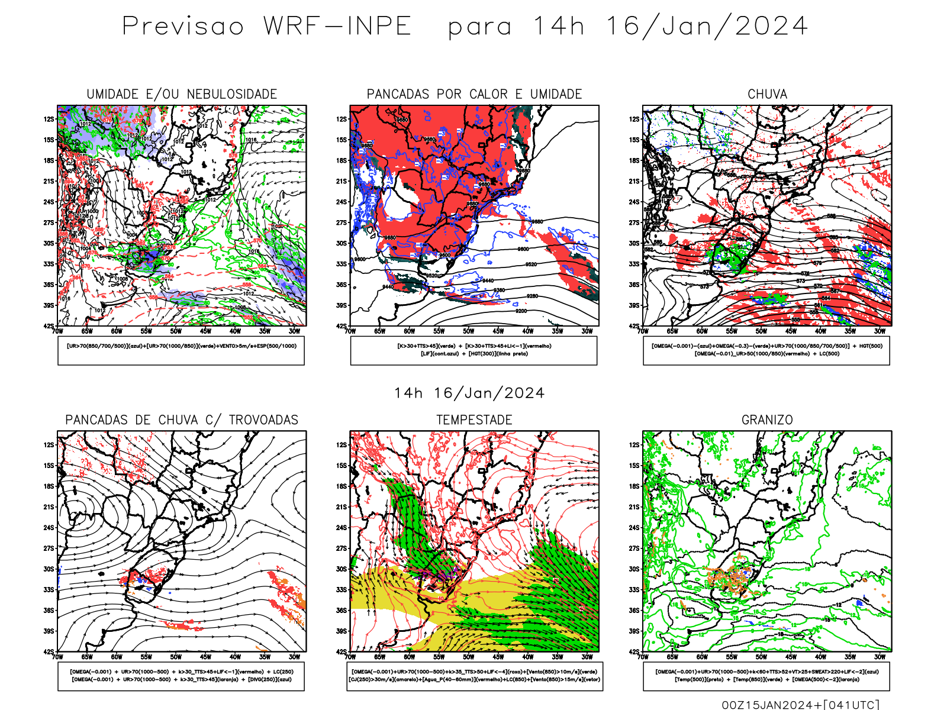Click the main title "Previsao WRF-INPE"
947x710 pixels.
pyautogui.click(x=266, y=27)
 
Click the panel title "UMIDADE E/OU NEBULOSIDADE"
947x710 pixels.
pyautogui.click(x=182, y=94)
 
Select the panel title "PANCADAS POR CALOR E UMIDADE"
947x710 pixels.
pyautogui.click(x=474, y=94)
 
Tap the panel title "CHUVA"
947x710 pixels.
pyautogui.click(x=767, y=94)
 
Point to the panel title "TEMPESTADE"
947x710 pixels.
pyautogui.click(x=474, y=420)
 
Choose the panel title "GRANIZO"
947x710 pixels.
pyautogui.click(x=767, y=420)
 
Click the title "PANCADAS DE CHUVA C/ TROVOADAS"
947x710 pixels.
pyautogui.click(x=182, y=420)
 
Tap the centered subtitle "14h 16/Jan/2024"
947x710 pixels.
pyautogui.click(x=469, y=393)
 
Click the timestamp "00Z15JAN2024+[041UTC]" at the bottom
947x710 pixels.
pyautogui.click(x=800, y=704)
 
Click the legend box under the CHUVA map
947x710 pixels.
pyautogui.click(x=766, y=350)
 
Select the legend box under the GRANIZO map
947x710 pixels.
pyautogui.click(x=766, y=676)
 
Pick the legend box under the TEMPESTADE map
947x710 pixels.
pyautogui.click(x=474, y=676)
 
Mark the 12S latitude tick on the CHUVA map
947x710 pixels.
pyautogui.click(x=634, y=119)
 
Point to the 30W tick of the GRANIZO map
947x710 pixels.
pyautogui.click(x=880, y=657)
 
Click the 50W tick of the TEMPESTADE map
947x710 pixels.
pyautogui.click(x=469, y=657)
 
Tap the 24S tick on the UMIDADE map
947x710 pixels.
pyautogui.click(x=49, y=202)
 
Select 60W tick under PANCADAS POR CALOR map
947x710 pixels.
pyautogui.click(x=410, y=331)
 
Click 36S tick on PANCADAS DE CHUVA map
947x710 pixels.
pyautogui.click(x=49, y=610)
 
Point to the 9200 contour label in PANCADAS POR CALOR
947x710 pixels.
pyautogui.click(x=521, y=311)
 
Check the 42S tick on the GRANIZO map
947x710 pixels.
pyautogui.click(x=634, y=651)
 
